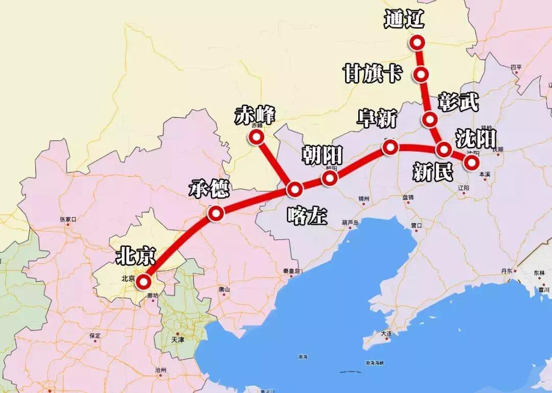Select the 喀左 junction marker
[295, 189]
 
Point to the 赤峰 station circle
[255, 137]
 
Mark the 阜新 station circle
[390, 148]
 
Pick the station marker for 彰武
[430, 120]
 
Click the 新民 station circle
[444, 150]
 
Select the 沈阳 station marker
[471, 162]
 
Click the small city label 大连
[386, 333]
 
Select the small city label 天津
[177, 339]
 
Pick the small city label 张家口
[67, 219]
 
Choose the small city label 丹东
[507, 271]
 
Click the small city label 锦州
[363, 199]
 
